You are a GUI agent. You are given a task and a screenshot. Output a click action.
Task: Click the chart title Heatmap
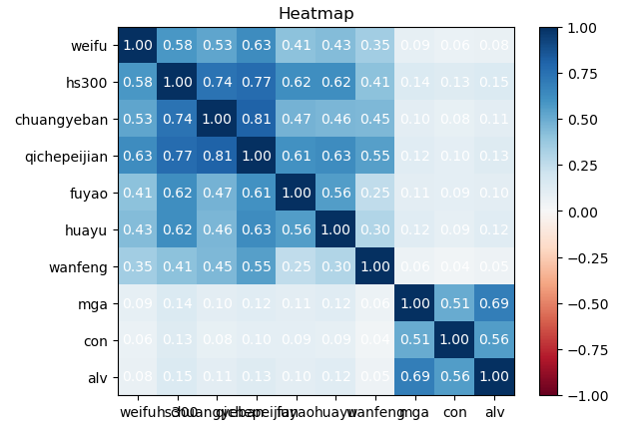tap(315, 14)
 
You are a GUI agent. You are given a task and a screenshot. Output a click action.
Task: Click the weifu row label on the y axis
tap(90, 46)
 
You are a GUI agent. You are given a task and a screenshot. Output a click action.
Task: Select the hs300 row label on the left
tap(90, 83)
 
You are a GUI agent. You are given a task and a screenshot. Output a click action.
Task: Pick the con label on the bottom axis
tap(454, 410)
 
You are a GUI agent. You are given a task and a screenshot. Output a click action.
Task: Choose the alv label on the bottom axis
tap(494, 410)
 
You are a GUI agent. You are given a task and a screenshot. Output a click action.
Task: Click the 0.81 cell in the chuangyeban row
tap(254, 120)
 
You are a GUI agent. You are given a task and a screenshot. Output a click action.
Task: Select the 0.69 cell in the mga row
tap(493, 304)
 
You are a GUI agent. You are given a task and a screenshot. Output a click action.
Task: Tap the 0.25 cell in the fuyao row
tap(373, 194)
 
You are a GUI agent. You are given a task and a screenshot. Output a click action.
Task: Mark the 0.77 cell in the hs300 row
tap(254, 83)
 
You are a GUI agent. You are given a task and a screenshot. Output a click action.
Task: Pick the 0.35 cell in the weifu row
tap(373, 46)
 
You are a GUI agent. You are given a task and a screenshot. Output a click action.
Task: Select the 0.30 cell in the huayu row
tap(373, 230)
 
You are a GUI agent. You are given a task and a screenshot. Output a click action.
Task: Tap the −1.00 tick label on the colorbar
tap(588, 396)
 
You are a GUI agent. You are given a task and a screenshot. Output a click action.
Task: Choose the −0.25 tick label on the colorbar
tap(588, 257)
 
